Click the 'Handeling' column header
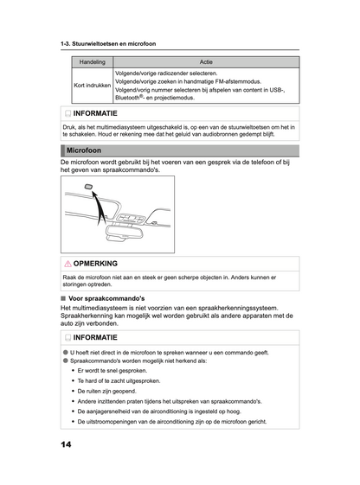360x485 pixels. click(x=92, y=62)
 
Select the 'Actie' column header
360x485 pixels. click(x=206, y=62)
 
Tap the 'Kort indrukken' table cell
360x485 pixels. click(x=92, y=86)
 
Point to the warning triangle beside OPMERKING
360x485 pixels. click(x=67, y=263)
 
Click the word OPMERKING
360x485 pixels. click(x=96, y=263)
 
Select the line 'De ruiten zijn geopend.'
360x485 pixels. click(x=112, y=391)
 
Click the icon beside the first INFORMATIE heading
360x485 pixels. click(x=67, y=113)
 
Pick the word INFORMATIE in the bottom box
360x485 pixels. click(x=101, y=337)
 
